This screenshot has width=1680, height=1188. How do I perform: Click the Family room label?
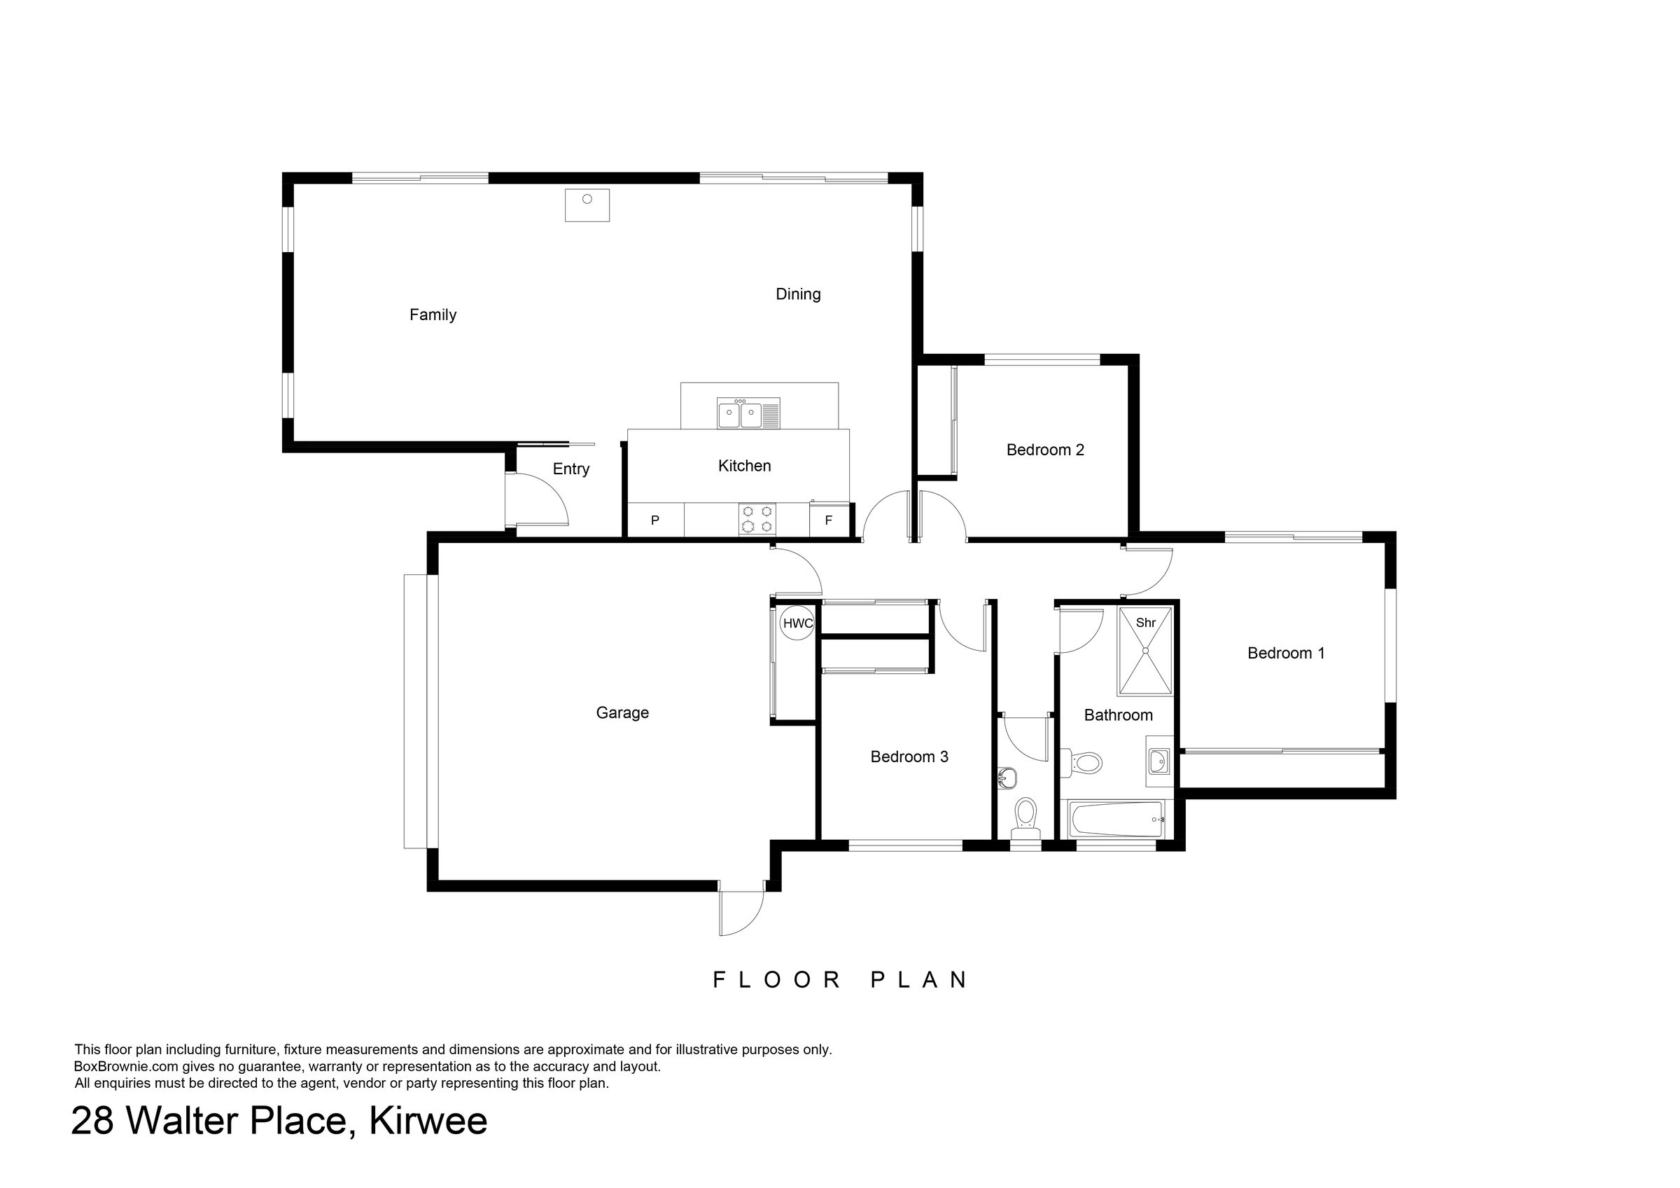pos(433,315)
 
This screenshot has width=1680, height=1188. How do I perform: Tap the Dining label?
pos(797,294)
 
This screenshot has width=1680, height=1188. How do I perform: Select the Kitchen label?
pos(744,466)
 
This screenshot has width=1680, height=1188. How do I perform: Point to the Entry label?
pos(570,469)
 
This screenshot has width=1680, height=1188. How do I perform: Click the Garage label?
pos(622,713)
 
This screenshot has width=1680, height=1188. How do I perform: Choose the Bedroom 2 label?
pos(1045,450)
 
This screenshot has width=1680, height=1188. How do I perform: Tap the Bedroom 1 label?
pos(1286,653)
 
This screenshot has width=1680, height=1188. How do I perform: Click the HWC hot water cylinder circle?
pos(797,623)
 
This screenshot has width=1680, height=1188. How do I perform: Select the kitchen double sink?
pos(748,413)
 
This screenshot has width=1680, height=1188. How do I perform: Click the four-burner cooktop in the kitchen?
pos(757,519)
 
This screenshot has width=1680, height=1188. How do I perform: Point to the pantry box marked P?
pos(656,520)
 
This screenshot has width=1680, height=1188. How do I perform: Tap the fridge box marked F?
pos(829,520)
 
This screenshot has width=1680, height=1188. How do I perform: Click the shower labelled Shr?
pos(1145,650)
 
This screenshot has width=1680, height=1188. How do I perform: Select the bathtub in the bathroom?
pos(1116,819)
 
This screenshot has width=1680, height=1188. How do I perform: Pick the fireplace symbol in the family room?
pos(587,205)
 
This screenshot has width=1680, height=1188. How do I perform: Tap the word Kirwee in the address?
pos(428,1121)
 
